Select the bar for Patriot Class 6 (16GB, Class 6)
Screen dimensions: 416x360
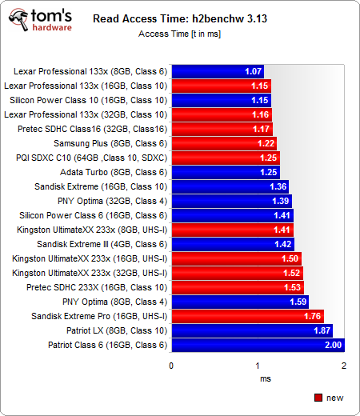point(258,345)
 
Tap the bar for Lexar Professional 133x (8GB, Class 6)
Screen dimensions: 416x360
point(217,71)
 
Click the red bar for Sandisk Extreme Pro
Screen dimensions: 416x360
point(247,316)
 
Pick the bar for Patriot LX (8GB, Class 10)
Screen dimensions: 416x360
point(252,330)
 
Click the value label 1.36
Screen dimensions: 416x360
point(278,186)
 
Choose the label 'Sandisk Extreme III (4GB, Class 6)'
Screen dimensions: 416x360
point(102,244)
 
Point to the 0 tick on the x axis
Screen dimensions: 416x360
point(171,366)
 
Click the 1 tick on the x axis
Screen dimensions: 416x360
point(258,366)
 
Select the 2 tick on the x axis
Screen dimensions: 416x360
point(343,366)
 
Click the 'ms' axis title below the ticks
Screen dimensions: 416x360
point(258,378)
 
